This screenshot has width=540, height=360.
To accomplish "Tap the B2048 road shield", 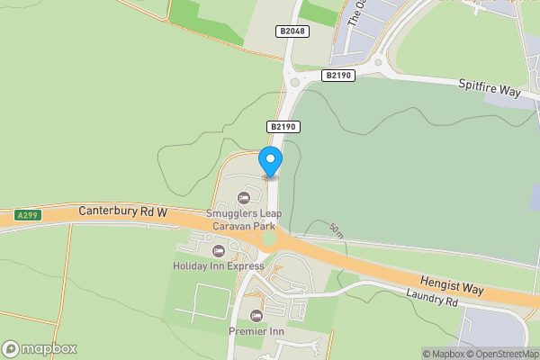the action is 292,31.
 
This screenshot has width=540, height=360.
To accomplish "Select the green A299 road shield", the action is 28,216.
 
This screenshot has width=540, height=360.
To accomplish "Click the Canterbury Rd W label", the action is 123,211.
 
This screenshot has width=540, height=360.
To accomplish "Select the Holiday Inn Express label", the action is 219,265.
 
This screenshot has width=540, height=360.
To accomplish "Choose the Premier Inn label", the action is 256,330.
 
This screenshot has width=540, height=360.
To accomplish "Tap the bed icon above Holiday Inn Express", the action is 219,250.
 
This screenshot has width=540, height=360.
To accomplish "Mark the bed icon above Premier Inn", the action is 256,315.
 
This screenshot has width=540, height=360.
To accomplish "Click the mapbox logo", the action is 40,348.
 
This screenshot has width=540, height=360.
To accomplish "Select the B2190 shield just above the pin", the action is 283,128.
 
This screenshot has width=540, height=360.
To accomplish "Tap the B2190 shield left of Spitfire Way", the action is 337,76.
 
